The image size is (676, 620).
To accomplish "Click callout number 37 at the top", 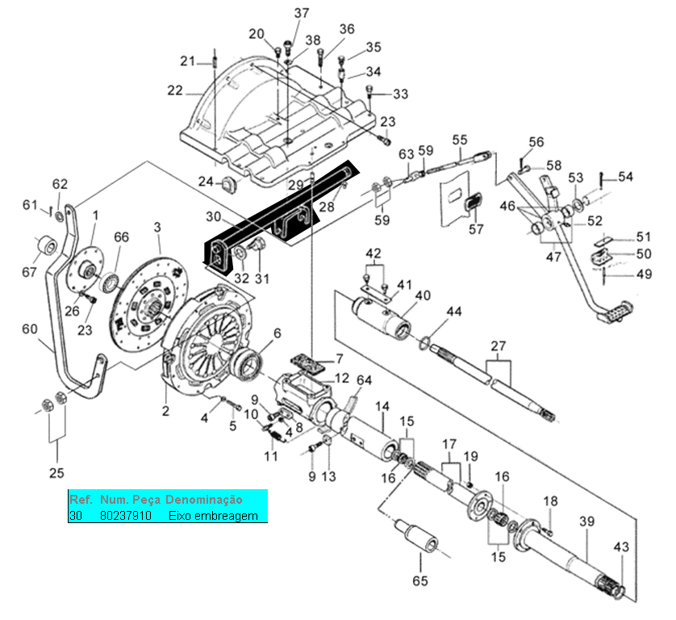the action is [x=302, y=13].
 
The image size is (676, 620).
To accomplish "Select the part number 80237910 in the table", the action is [x=126, y=516].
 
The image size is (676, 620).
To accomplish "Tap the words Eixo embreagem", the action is [x=213, y=516].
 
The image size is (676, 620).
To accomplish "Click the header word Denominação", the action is [x=204, y=500].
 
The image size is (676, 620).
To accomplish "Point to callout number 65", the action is [x=420, y=580].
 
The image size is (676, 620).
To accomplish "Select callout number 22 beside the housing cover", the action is [x=175, y=90].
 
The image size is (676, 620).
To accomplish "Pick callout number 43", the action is [x=621, y=547].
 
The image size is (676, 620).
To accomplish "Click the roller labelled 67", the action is [x=48, y=246].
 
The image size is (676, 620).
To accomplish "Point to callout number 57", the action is [x=476, y=229].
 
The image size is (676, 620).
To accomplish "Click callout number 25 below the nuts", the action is [x=56, y=473].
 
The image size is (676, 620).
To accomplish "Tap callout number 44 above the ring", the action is [x=454, y=312].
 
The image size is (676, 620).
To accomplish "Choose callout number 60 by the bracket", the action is [x=30, y=329].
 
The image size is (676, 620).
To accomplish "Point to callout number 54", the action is [x=625, y=177].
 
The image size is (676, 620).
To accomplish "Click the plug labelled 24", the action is [x=229, y=185].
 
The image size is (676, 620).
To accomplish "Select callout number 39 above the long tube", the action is [x=586, y=522].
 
